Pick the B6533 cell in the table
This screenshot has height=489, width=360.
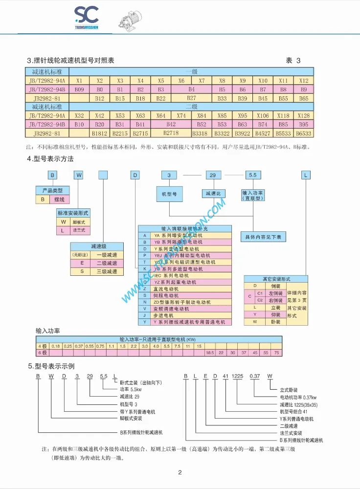tap(303, 133)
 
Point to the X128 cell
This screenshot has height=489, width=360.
tap(303, 115)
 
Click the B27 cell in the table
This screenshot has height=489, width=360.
tap(191, 98)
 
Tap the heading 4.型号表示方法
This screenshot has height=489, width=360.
tap(50, 159)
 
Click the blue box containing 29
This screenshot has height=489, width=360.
tap(213, 175)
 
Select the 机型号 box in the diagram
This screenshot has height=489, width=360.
tap(169, 194)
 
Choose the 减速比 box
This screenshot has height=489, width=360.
tap(214, 194)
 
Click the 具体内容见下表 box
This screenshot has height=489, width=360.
tap(263, 237)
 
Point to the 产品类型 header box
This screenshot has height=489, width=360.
tap(53, 190)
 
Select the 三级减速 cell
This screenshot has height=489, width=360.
tap(107, 271)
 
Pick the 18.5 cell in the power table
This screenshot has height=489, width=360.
tap(210, 353)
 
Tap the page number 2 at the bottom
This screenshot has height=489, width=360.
tap(180, 472)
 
